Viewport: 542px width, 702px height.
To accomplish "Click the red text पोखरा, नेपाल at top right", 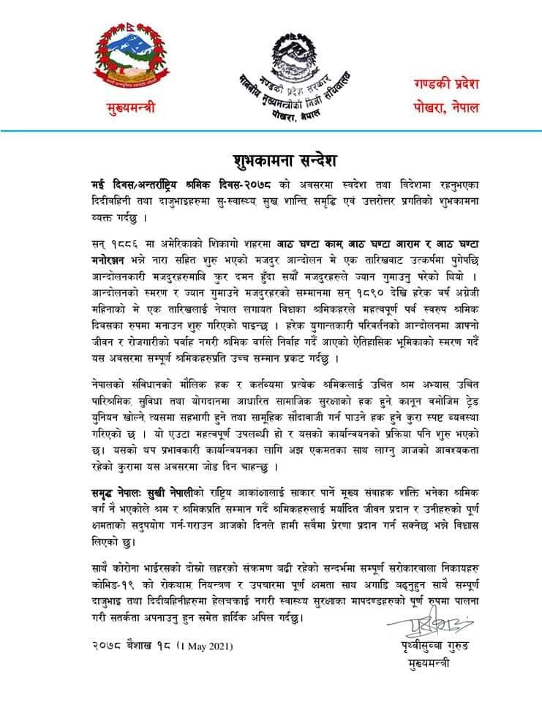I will (444, 107).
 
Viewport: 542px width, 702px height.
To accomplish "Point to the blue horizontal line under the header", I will (271, 131).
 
